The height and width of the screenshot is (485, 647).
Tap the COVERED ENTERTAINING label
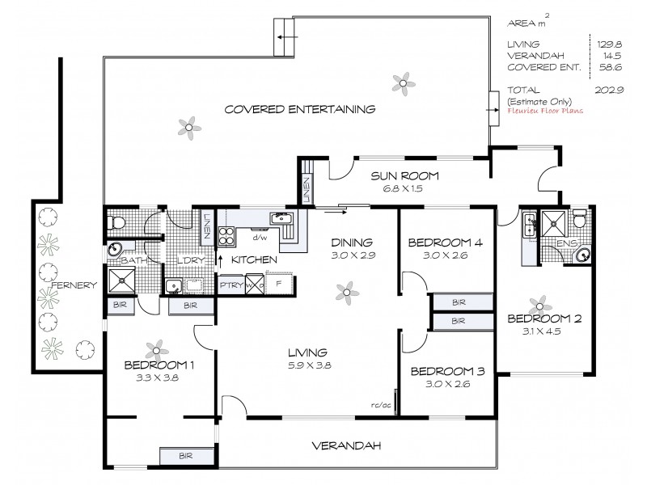[x=300, y=109]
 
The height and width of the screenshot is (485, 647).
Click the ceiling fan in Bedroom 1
[x=154, y=349]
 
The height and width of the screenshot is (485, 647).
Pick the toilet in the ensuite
[x=579, y=219]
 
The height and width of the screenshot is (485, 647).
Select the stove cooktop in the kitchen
[x=226, y=236]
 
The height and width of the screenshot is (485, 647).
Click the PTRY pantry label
[x=230, y=285]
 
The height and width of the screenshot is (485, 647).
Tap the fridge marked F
[x=280, y=285]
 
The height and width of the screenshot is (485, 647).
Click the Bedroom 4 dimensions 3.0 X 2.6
[x=440, y=256]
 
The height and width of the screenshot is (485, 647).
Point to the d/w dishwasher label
[x=260, y=238]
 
